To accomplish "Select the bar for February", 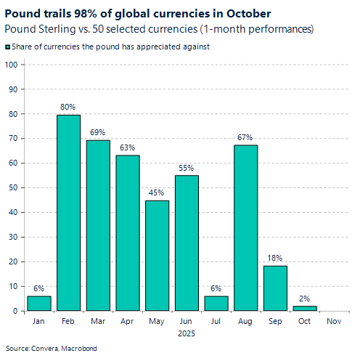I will point(69,213).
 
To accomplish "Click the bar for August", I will point(245,228).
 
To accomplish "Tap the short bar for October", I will point(305,308).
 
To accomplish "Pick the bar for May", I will point(157,256).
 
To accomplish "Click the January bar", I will point(39,303).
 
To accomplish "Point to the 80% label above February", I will point(69,108).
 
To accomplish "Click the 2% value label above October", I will point(305,299).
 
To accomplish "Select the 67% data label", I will point(245,137).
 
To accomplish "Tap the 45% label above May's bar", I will point(157,192).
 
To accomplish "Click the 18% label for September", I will point(275,258).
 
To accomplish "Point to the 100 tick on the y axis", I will point(11,65).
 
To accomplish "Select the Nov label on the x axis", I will point(334,320).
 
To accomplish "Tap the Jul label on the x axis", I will point(216,320).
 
